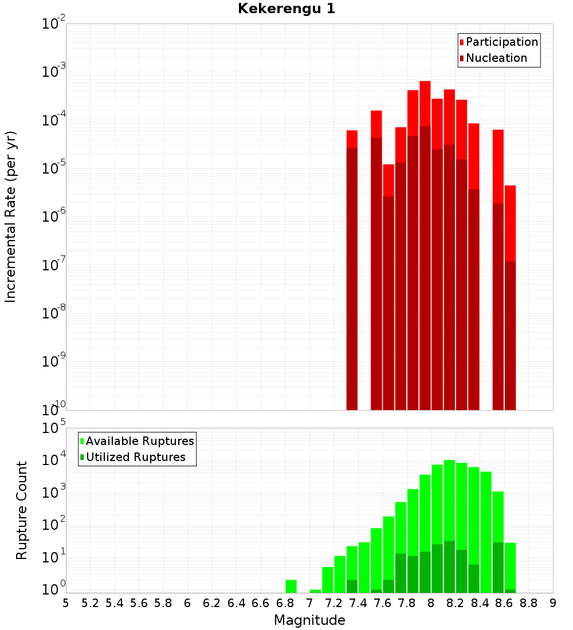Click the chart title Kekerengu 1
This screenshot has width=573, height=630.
(x=286, y=9)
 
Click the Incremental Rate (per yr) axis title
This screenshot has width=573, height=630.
(x=11, y=216)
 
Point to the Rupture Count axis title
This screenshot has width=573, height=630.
(x=22, y=510)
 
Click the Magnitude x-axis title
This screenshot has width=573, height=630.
(x=309, y=620)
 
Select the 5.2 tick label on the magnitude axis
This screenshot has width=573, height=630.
(x=90, y=603)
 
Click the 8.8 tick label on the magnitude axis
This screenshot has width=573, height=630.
(x=528, y=603)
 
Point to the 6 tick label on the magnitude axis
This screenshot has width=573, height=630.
(x=187, y=603)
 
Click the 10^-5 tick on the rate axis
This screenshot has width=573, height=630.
(x=53, y=168)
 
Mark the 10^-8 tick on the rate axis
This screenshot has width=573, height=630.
(x=53, y=313)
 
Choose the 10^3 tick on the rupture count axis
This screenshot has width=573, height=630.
(x=54, y=493)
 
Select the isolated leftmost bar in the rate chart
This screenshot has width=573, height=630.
(x=352, y=269)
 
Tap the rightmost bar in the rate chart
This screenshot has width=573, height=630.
(x=510, y=298)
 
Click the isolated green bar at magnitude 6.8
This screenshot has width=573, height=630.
(x=291, y=586)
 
